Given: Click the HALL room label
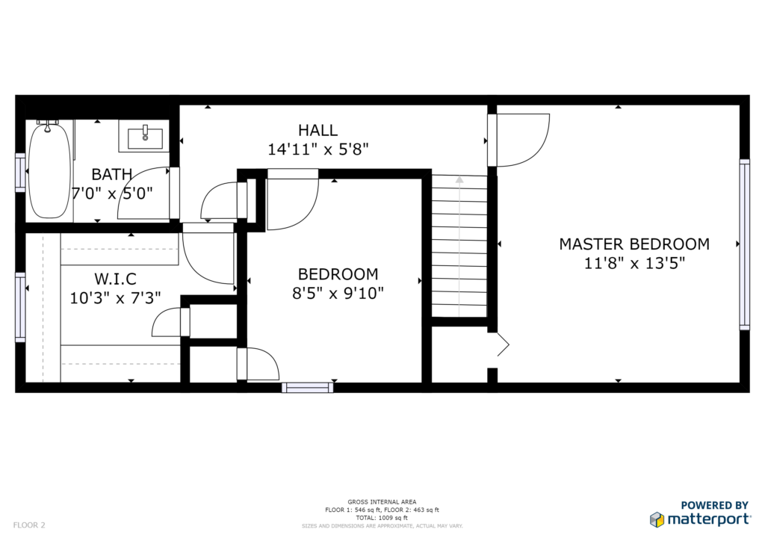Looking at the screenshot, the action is click(318, 130).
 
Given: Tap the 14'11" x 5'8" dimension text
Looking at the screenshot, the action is click(318, 149).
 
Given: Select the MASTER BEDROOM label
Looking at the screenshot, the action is click(634, 244).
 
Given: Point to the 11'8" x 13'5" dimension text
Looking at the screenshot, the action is click(634, 264).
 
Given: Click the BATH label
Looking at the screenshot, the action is click(112, 174).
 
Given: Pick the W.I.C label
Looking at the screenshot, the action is click(115, 279).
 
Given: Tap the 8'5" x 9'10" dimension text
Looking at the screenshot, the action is click(338, 293).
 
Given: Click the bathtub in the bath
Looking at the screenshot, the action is click(49, 170).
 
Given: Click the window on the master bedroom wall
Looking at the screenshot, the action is click(744, 244).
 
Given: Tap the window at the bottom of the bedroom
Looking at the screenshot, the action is click(307, 388).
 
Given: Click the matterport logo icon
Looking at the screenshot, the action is click(657, 519).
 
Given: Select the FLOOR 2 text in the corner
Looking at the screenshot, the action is click(29, 525).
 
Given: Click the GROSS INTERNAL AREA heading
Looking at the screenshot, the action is click(382, 502).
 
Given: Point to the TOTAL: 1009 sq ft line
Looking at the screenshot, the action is click(382, 518).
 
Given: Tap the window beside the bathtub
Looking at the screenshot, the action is click(20, 172).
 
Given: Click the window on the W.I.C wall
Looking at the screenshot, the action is click(20, 307).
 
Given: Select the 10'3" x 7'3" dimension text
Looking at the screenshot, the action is click(115, 297).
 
